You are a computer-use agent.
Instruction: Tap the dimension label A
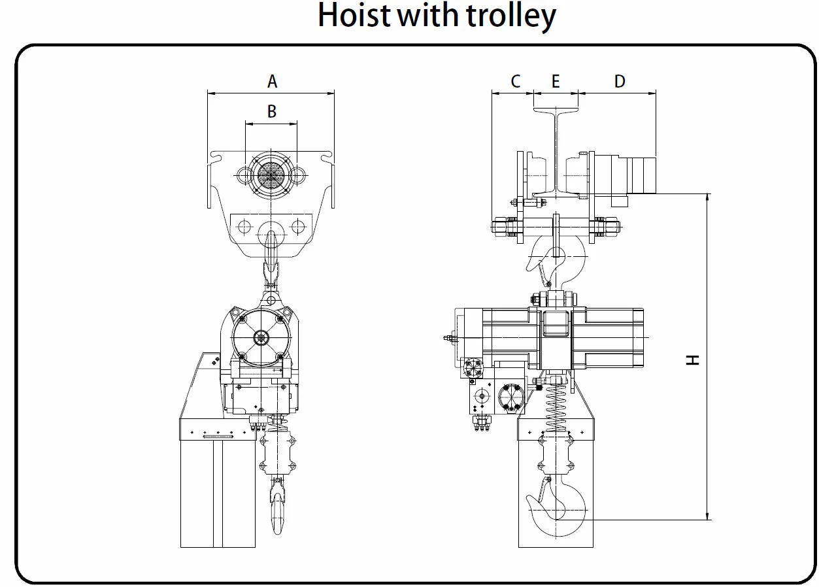(272, 81)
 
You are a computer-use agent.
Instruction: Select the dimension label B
(272, 112)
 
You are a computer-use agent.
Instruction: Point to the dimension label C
(515, 81)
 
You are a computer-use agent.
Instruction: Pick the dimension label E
(556, 81)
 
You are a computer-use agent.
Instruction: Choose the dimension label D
(620, 81)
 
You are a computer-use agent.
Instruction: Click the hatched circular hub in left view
(271, 174)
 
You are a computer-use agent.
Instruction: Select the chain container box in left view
(218, 484)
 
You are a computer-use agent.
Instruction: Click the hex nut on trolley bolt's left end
(501, 227)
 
